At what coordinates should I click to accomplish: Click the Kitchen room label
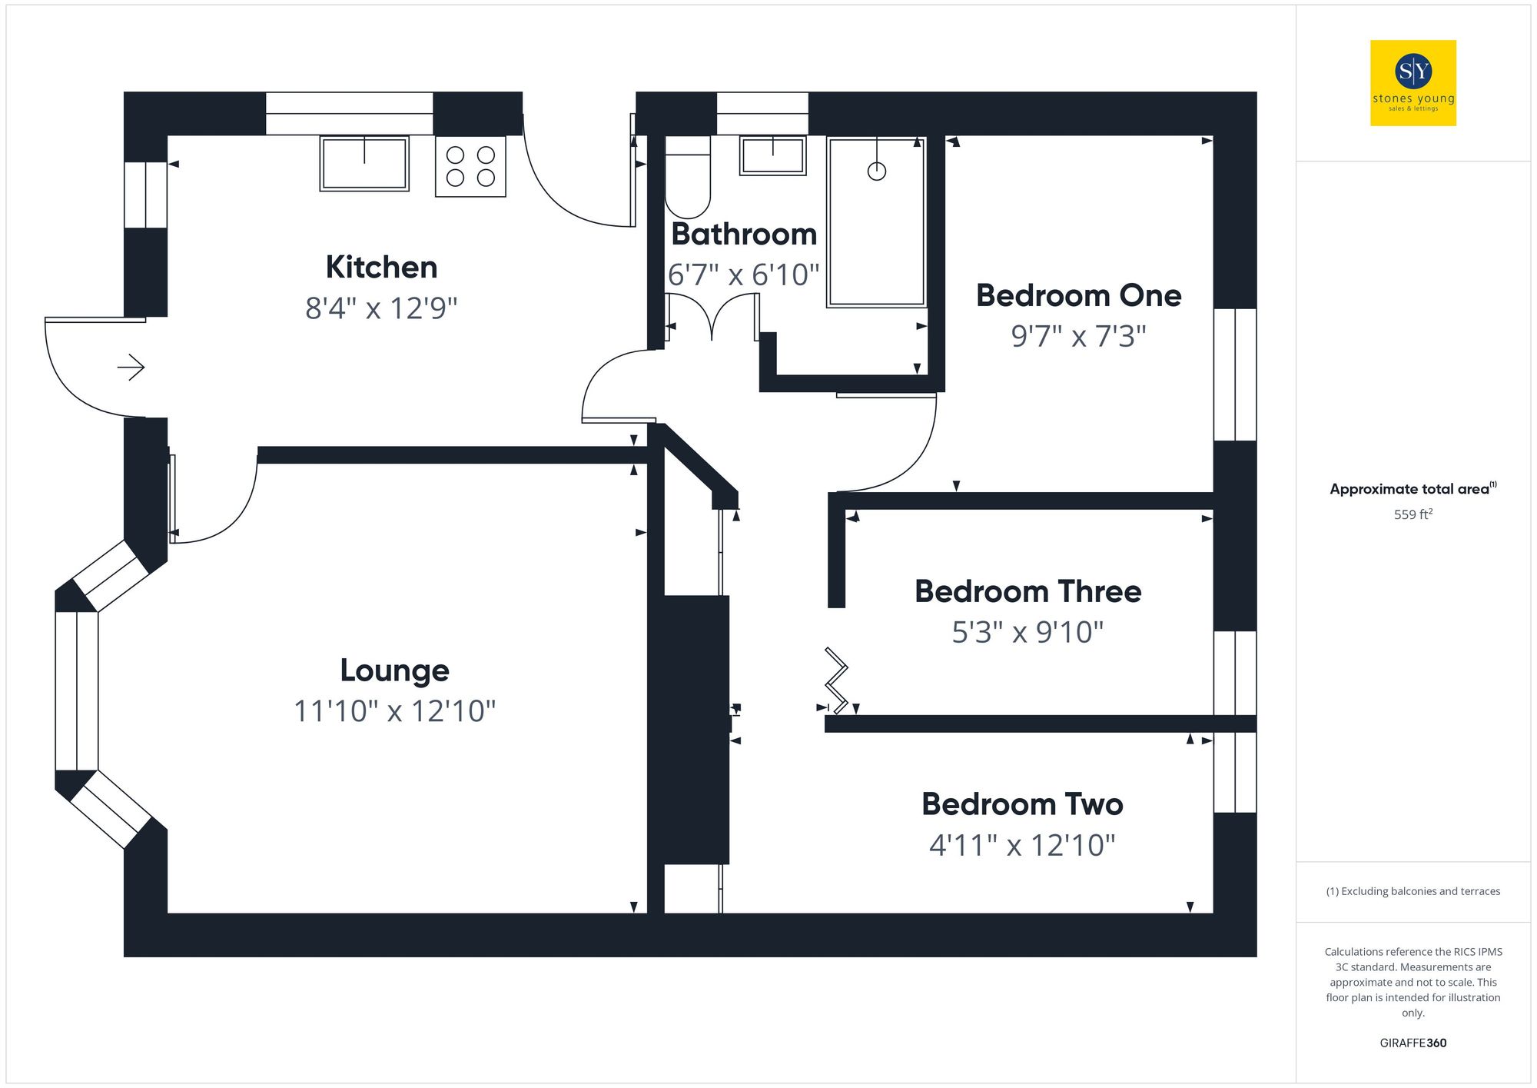click(381, 268)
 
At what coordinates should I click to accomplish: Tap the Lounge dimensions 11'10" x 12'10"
click(394, 711)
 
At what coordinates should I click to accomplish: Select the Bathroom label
click(743, 235)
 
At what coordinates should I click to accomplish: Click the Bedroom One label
click(1078, 296)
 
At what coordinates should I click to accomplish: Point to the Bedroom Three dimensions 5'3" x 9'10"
click(1027, 633)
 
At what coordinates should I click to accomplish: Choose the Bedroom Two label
click(1022, 805)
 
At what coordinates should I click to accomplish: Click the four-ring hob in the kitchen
click(470, 167)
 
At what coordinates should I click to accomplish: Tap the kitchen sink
click(364, 163)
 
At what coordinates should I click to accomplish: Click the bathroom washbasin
click(772, 155)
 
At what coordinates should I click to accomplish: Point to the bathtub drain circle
click(876, 171)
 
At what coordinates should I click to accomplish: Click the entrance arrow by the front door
click(131, 368)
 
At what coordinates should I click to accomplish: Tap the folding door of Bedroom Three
click(836, 680)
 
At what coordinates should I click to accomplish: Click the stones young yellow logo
click(1413, 83)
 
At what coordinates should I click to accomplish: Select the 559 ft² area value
click(1413, 514)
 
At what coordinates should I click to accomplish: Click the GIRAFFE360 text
click(1413, 1043)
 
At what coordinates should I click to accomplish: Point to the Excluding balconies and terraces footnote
click(1413, 892)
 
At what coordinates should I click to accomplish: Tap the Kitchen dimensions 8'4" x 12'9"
click(381, 309)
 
